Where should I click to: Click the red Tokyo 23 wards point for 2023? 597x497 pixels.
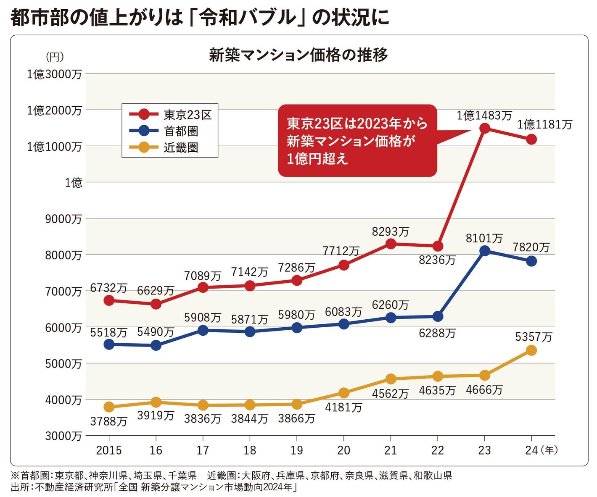click(x=484, y=128)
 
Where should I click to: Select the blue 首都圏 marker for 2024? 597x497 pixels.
click(x=531, y=261)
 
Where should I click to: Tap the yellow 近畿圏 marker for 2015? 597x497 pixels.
click(x=109, y=407)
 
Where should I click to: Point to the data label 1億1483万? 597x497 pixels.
click(x=484, y=115)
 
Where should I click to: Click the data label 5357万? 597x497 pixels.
click(x=534, y=337)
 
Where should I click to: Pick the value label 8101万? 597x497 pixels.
click(x=484, y=238)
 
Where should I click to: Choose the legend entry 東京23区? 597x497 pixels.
click(x=187, y=115)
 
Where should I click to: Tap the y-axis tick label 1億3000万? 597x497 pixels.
click(x=54, y=74)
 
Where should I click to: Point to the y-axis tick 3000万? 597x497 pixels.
click(x=63, y=436)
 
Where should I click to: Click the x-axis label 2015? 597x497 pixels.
click(x=109, y=450)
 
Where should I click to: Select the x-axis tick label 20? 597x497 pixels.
click(x=343, y=450)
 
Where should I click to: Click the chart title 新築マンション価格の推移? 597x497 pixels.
click(x=298, y=55)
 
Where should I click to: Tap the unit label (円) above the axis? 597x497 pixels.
click(x=55, y=56)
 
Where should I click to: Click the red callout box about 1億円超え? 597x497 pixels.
click(x=357, y=140)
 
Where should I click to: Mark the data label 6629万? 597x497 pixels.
click(x=156, y=290)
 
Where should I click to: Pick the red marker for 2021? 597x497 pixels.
click(x=391, y=244)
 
